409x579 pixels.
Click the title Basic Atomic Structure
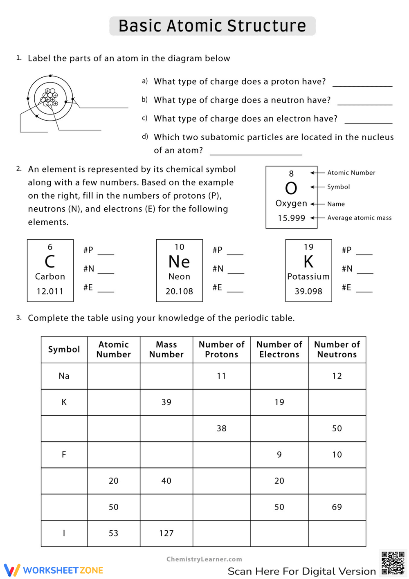click(212, 26)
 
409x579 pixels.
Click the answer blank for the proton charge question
click(362, 83)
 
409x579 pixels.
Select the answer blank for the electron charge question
click(368, 121)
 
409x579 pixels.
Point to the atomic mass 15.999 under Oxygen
click(291, 218)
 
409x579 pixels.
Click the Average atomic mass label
click(359, 218)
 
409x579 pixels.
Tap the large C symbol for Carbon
click(50, 261)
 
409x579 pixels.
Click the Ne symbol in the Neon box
click(179, 262)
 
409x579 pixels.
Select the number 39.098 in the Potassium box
click(308, 291)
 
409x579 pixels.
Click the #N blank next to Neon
click(235, 270)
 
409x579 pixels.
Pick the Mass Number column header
click(166, 350)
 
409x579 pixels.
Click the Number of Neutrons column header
click(337, 350)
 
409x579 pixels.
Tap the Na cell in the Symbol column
click(64, 376)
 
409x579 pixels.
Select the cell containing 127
click(166, 533)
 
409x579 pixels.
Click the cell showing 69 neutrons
click(337, 507)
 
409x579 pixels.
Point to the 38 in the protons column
click(221, 429)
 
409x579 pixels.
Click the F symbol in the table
click(64, 455)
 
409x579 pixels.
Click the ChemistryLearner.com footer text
click(204, 559)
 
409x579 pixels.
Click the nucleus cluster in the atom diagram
click(50, 97)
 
